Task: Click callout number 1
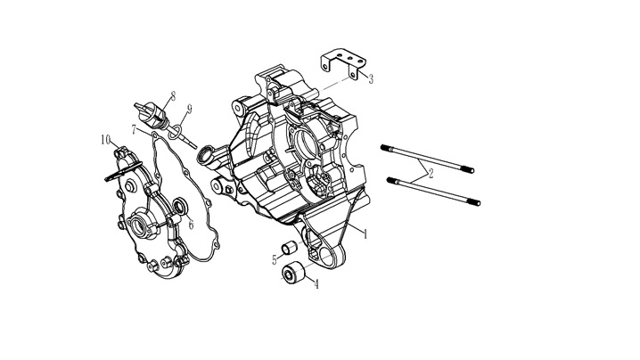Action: coord(365,233)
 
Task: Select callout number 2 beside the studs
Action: coord(430,173)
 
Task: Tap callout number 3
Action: coord(371,78)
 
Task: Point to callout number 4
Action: coord(316,284)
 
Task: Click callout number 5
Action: coord(275,259)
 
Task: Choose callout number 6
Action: coord(191,224)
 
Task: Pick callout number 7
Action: coord(135,129)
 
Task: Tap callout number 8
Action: coord(173,96)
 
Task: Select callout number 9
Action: coord(189,109)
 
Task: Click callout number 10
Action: coord(106,140)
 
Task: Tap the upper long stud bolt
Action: coord(427,159)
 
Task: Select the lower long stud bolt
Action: coord(433,191)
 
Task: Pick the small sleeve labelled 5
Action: coord(289,248)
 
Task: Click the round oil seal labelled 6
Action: coord(180,207)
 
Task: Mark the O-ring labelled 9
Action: coord(175,131)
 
